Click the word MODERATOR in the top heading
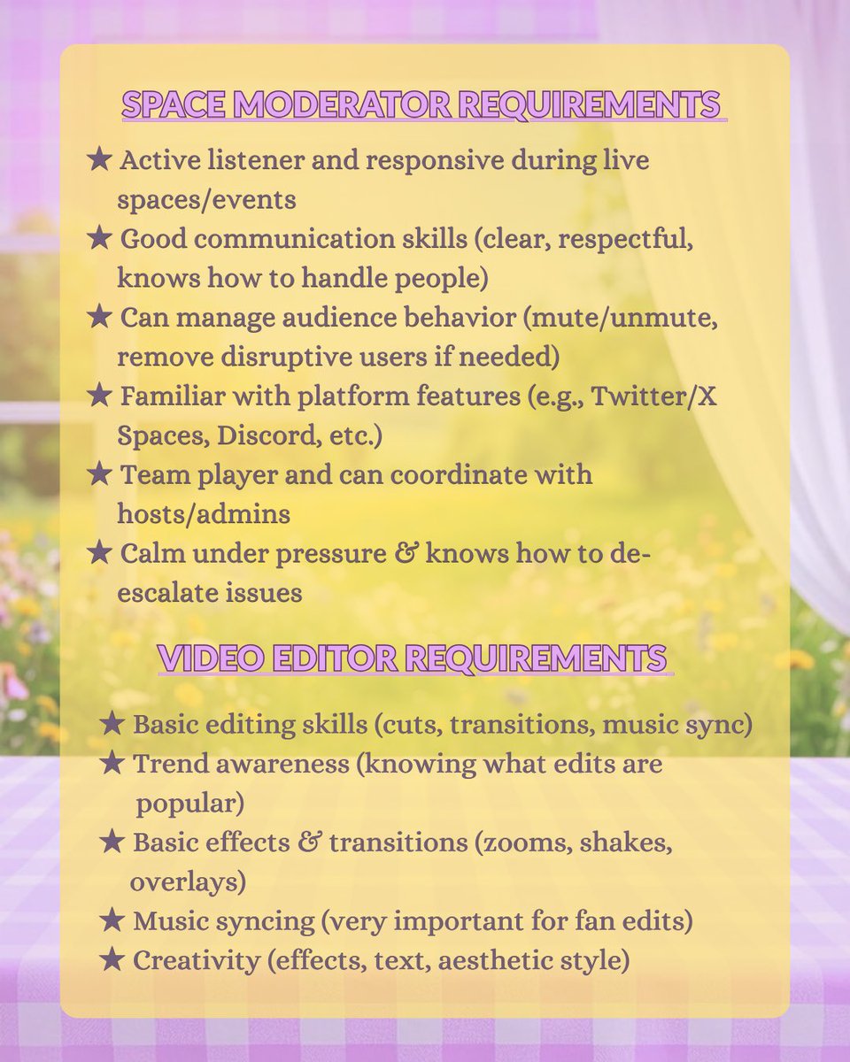(x=324, y=104)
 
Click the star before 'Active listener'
(x=100, y=160)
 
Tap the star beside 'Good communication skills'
(x=100, y=238)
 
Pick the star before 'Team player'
(x=100, y=473)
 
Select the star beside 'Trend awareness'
(x=112, y=763)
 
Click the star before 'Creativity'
(x=112, y=960)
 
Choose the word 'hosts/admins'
(x=204, y=513)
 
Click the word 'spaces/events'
(x=206, y=199)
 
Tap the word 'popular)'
(x=190, y=804)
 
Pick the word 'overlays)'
(x=188, y=882)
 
